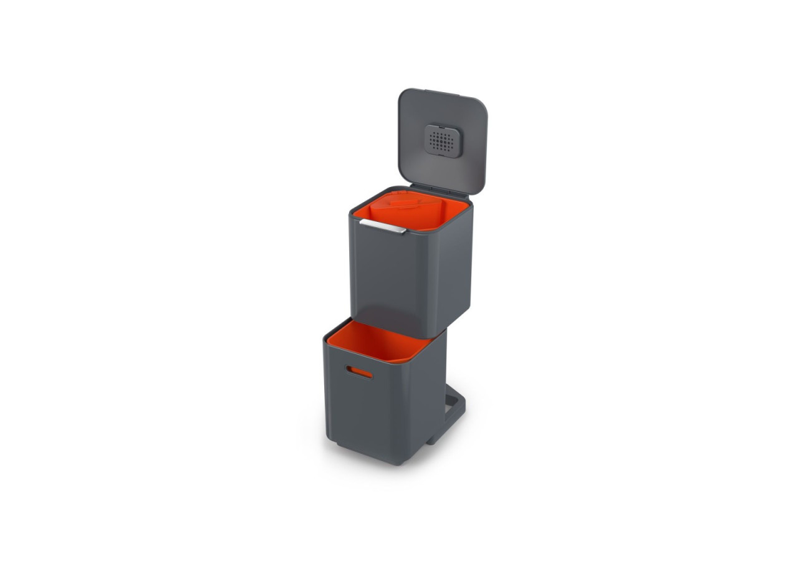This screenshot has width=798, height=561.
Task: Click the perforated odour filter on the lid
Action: point(441,140)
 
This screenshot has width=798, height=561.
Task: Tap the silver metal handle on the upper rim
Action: point(382,226)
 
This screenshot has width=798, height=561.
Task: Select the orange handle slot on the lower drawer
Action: point(360,372)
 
